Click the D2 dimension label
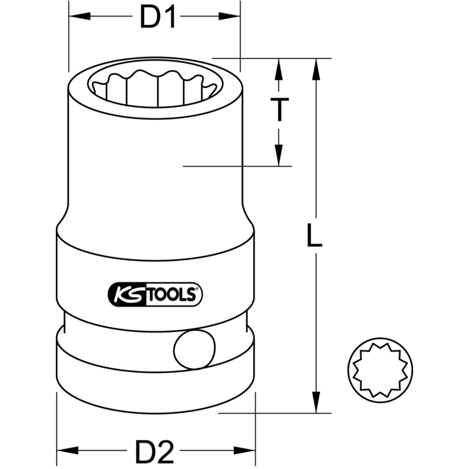click(155, 451)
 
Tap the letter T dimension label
click(280, 110)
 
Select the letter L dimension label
click(315, 236)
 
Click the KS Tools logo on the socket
click(155, 295)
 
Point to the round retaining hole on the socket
click(195, 349)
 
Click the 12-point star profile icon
click(380, 370)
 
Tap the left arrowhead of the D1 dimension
click(80, 16)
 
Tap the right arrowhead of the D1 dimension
click(229, 16)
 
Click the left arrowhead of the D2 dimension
click(68, 450)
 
